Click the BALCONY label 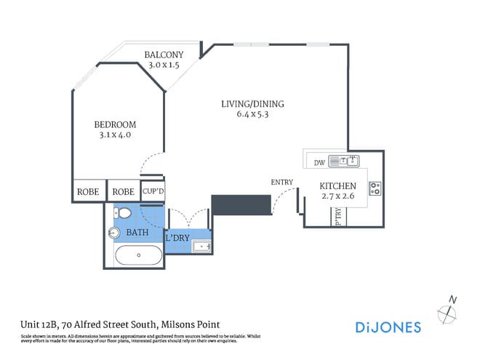[x=163, y=55]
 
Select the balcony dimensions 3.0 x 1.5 [x=163, y=65]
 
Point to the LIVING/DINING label [x=252, y=104]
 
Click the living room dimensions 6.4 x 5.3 [x=252, y=114]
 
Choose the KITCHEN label [x=338, y=186]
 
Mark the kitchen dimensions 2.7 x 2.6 [x=338, y=197]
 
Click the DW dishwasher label [x=318, y=162]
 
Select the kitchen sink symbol [x=343, y=161]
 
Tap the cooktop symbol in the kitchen [x=375, y=188]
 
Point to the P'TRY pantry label [x=338, y=217]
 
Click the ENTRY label [x=281, y=182]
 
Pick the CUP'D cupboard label [x=152, y=191]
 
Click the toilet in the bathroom [x=123, y=214]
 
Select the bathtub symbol [x=139, y=255]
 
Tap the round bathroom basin [x=113, y=233]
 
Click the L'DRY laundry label [x=177, y=238]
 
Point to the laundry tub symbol [x=201, y=247]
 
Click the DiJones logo [x=388, y=327]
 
